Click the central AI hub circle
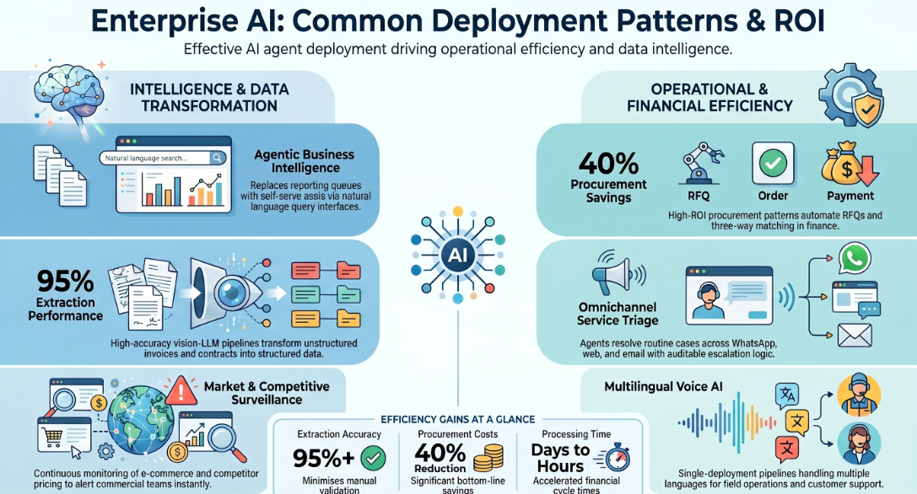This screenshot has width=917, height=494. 457,255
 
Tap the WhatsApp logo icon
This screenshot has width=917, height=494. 855,258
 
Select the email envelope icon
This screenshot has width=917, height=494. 855,336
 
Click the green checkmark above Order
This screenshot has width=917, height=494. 773,163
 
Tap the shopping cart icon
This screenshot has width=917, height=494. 53,436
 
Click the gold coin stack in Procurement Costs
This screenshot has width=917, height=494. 488,458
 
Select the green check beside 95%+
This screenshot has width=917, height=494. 373,458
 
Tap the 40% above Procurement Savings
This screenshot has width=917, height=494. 608,163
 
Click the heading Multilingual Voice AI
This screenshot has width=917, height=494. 663,386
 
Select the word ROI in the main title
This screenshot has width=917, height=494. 799,20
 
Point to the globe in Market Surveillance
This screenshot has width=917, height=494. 141,416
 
